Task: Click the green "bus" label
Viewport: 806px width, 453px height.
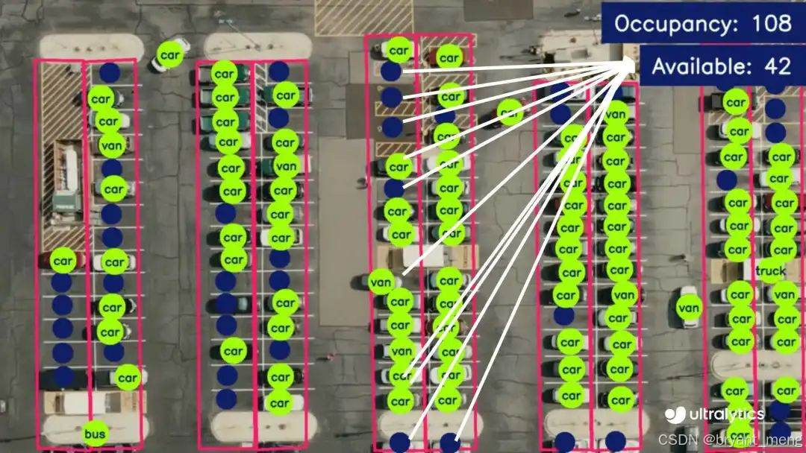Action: [95, 434]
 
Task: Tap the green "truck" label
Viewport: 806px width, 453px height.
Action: [770, 272]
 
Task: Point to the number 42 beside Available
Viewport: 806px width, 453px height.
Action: [778, 66]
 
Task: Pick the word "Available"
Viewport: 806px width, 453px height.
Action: [699, 66]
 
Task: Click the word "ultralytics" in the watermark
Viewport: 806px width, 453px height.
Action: [726, 414]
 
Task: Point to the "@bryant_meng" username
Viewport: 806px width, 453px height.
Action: [752, 439]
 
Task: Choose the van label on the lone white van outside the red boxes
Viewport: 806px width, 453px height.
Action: [689, 306]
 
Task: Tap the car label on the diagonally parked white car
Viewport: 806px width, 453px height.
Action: [170, 54]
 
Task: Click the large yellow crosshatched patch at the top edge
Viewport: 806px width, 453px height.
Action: [363, 16]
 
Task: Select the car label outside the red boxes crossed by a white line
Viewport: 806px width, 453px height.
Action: [510, 113]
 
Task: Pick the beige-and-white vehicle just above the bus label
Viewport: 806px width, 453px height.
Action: [75, 402]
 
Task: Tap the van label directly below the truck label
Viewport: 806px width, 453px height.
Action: [785, 295]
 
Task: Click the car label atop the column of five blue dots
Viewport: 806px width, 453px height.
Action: [63, 261]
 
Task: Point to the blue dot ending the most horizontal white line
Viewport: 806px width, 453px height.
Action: [390, 71]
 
